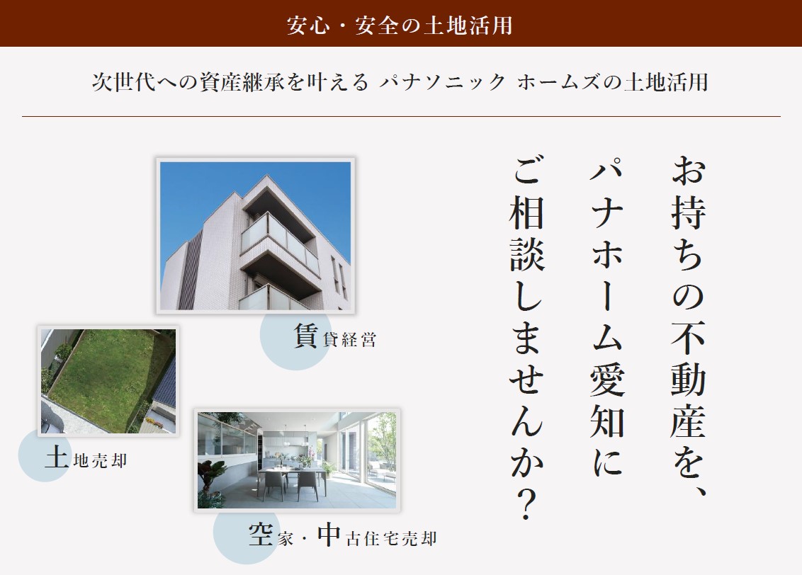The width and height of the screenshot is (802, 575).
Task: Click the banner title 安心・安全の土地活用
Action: click(x=400, y=25)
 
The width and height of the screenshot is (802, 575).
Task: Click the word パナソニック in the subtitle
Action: click(x=442, y=81)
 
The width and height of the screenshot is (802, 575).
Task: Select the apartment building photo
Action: click(x=256, y=236)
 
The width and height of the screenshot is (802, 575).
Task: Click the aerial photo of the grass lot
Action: click(x=108, y=381)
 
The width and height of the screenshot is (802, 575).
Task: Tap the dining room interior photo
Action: click(x=297, y=460)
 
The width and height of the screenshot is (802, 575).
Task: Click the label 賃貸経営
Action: click(x=335, y=336)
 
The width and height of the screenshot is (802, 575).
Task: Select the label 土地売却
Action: click(x=86, y=457)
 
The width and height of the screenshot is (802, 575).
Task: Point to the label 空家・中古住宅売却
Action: click(x=343, y=535)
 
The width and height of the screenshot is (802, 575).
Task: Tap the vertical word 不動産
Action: click(x=689, y=380)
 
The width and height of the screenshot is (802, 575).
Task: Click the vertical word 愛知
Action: click(x=607, y=402)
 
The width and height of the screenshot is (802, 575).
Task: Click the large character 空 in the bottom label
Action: click(x=261, y=535)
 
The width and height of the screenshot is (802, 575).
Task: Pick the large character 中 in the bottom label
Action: click(x=328, y=535)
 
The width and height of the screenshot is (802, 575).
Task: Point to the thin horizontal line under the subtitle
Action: click(x=402, y=117)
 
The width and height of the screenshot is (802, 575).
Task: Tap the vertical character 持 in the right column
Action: click(x=689, y=212)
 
